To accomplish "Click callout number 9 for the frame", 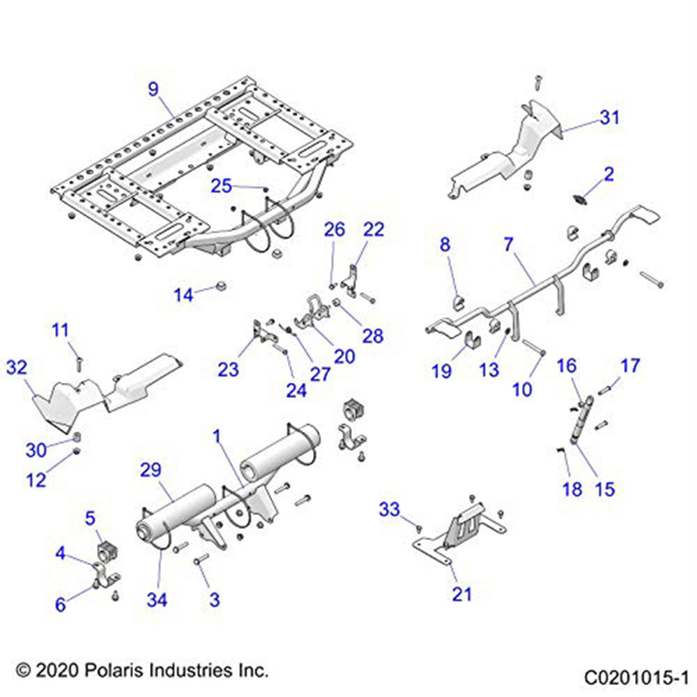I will [x=153, y=89].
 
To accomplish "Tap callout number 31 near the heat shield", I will [x=609, y=118].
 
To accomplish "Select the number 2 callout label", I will [x=609, y=174].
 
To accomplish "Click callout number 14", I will [x=183, y=296].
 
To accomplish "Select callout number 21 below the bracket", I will [x=462, y=594].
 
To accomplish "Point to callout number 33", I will [x=390, y=510].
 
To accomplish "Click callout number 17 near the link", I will [x=630, y=365].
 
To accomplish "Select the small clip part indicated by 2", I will [x=579, y=200].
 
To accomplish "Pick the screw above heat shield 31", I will [x=538, y=82].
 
